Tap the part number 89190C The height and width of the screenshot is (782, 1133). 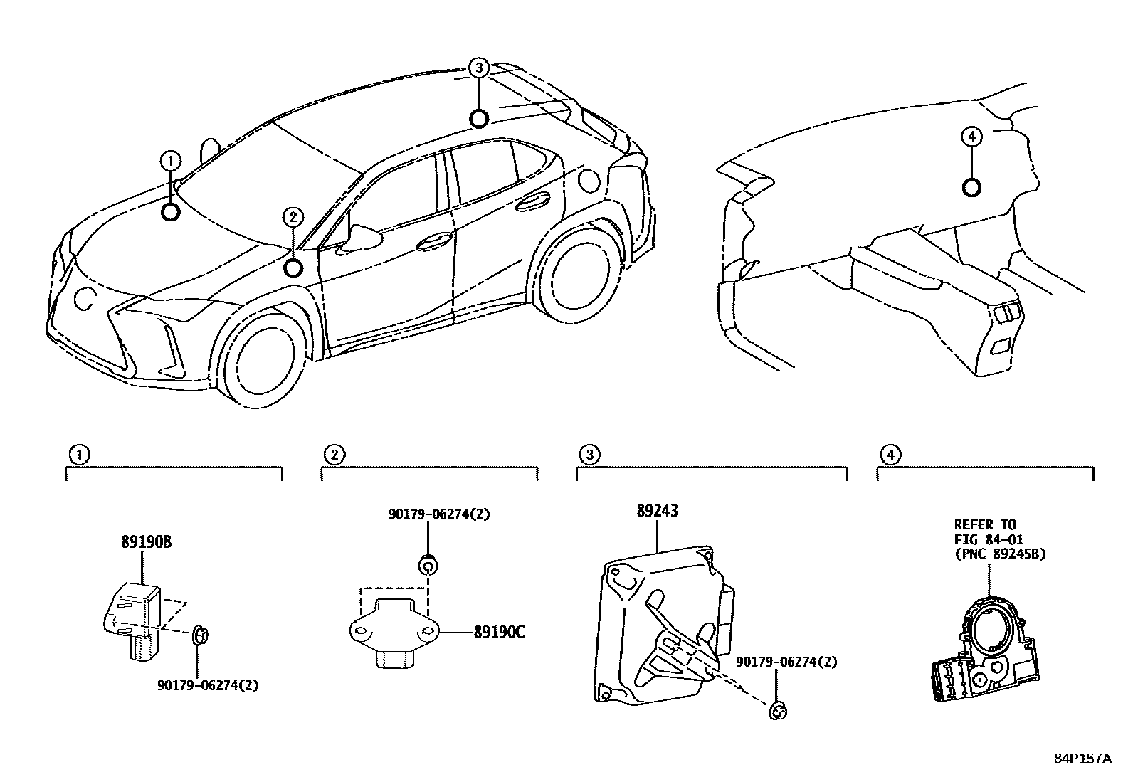point(498,631)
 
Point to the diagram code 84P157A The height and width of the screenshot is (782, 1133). point(1082,759)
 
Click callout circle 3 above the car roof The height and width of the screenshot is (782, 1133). point(479,68)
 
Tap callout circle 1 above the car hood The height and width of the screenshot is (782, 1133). point(170,162)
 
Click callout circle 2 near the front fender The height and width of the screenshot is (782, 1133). point(293,217)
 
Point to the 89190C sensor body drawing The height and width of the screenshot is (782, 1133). point(394,630)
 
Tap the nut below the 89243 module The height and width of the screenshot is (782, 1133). point(778,709)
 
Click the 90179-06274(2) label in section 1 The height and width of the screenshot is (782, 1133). point(207,685)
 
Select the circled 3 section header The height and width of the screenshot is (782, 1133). point(588,454)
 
